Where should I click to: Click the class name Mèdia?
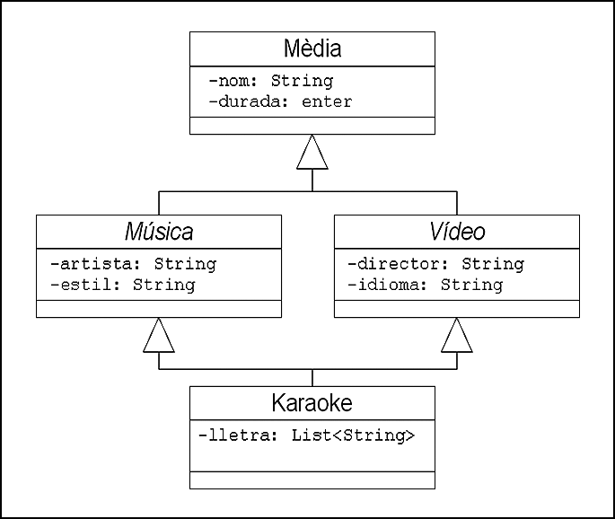pyautogui.click(x=312, y=48)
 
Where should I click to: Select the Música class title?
pyautogui.click(x=159, y=231)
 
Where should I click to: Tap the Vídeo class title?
pyautogui.click(x=457, y=231)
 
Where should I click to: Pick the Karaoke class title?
pyautogui.click(x=312, y=403)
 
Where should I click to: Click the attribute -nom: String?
pyautogui.click(x=271, y=81)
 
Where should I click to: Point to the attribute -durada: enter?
pyautogui.click(x=280, y=102)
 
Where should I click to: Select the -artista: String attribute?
pyautogui.click(x=134, y=264)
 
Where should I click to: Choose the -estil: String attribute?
pyautogui.click(x=123, y=285)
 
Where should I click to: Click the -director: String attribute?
pyautogui.click(x=435, y=264)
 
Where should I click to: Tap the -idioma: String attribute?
pyautogui.click(x=426, y=285)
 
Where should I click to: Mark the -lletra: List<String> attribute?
pyautogui.click(x=307, y=435)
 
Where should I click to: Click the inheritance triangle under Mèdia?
pyautogui.click(x=312, y=153)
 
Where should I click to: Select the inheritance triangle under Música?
pyautogui.click(x=159, y=335)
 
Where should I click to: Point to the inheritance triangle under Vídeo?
pyautogui.click(x=457, y=335)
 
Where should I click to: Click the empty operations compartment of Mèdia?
pyautogui.click(x=312, y=126)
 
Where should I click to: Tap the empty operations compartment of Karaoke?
pyautogui.click(x=312, y=480)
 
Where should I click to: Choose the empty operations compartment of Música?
pyautogui.click(x=159, y=309)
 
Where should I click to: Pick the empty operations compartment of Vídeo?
pyautogui.click(x=457, y=309)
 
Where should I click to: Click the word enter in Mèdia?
pyautogui.click(x=327, y=102)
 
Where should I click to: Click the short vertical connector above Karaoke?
pyautogui.click(x=312, y=378)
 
